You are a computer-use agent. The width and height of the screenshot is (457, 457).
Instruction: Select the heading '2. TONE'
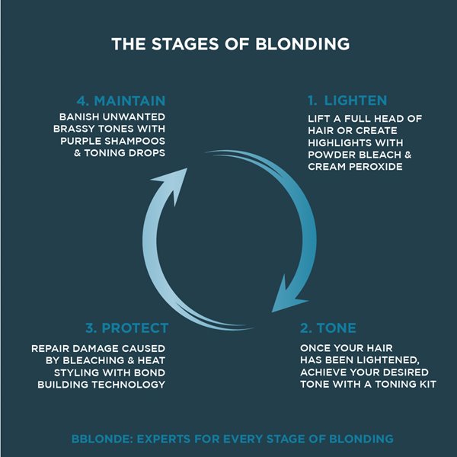pyautogui.click(x=328, y=328)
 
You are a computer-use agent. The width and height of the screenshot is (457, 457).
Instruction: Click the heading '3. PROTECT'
pyautogui.click(x=127, y=328)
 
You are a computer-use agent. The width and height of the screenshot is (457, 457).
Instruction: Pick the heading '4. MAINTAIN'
pyautogui.click(x=122, y=101)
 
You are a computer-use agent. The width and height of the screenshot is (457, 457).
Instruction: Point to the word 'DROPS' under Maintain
pyautogui.click(x=145, y=154)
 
